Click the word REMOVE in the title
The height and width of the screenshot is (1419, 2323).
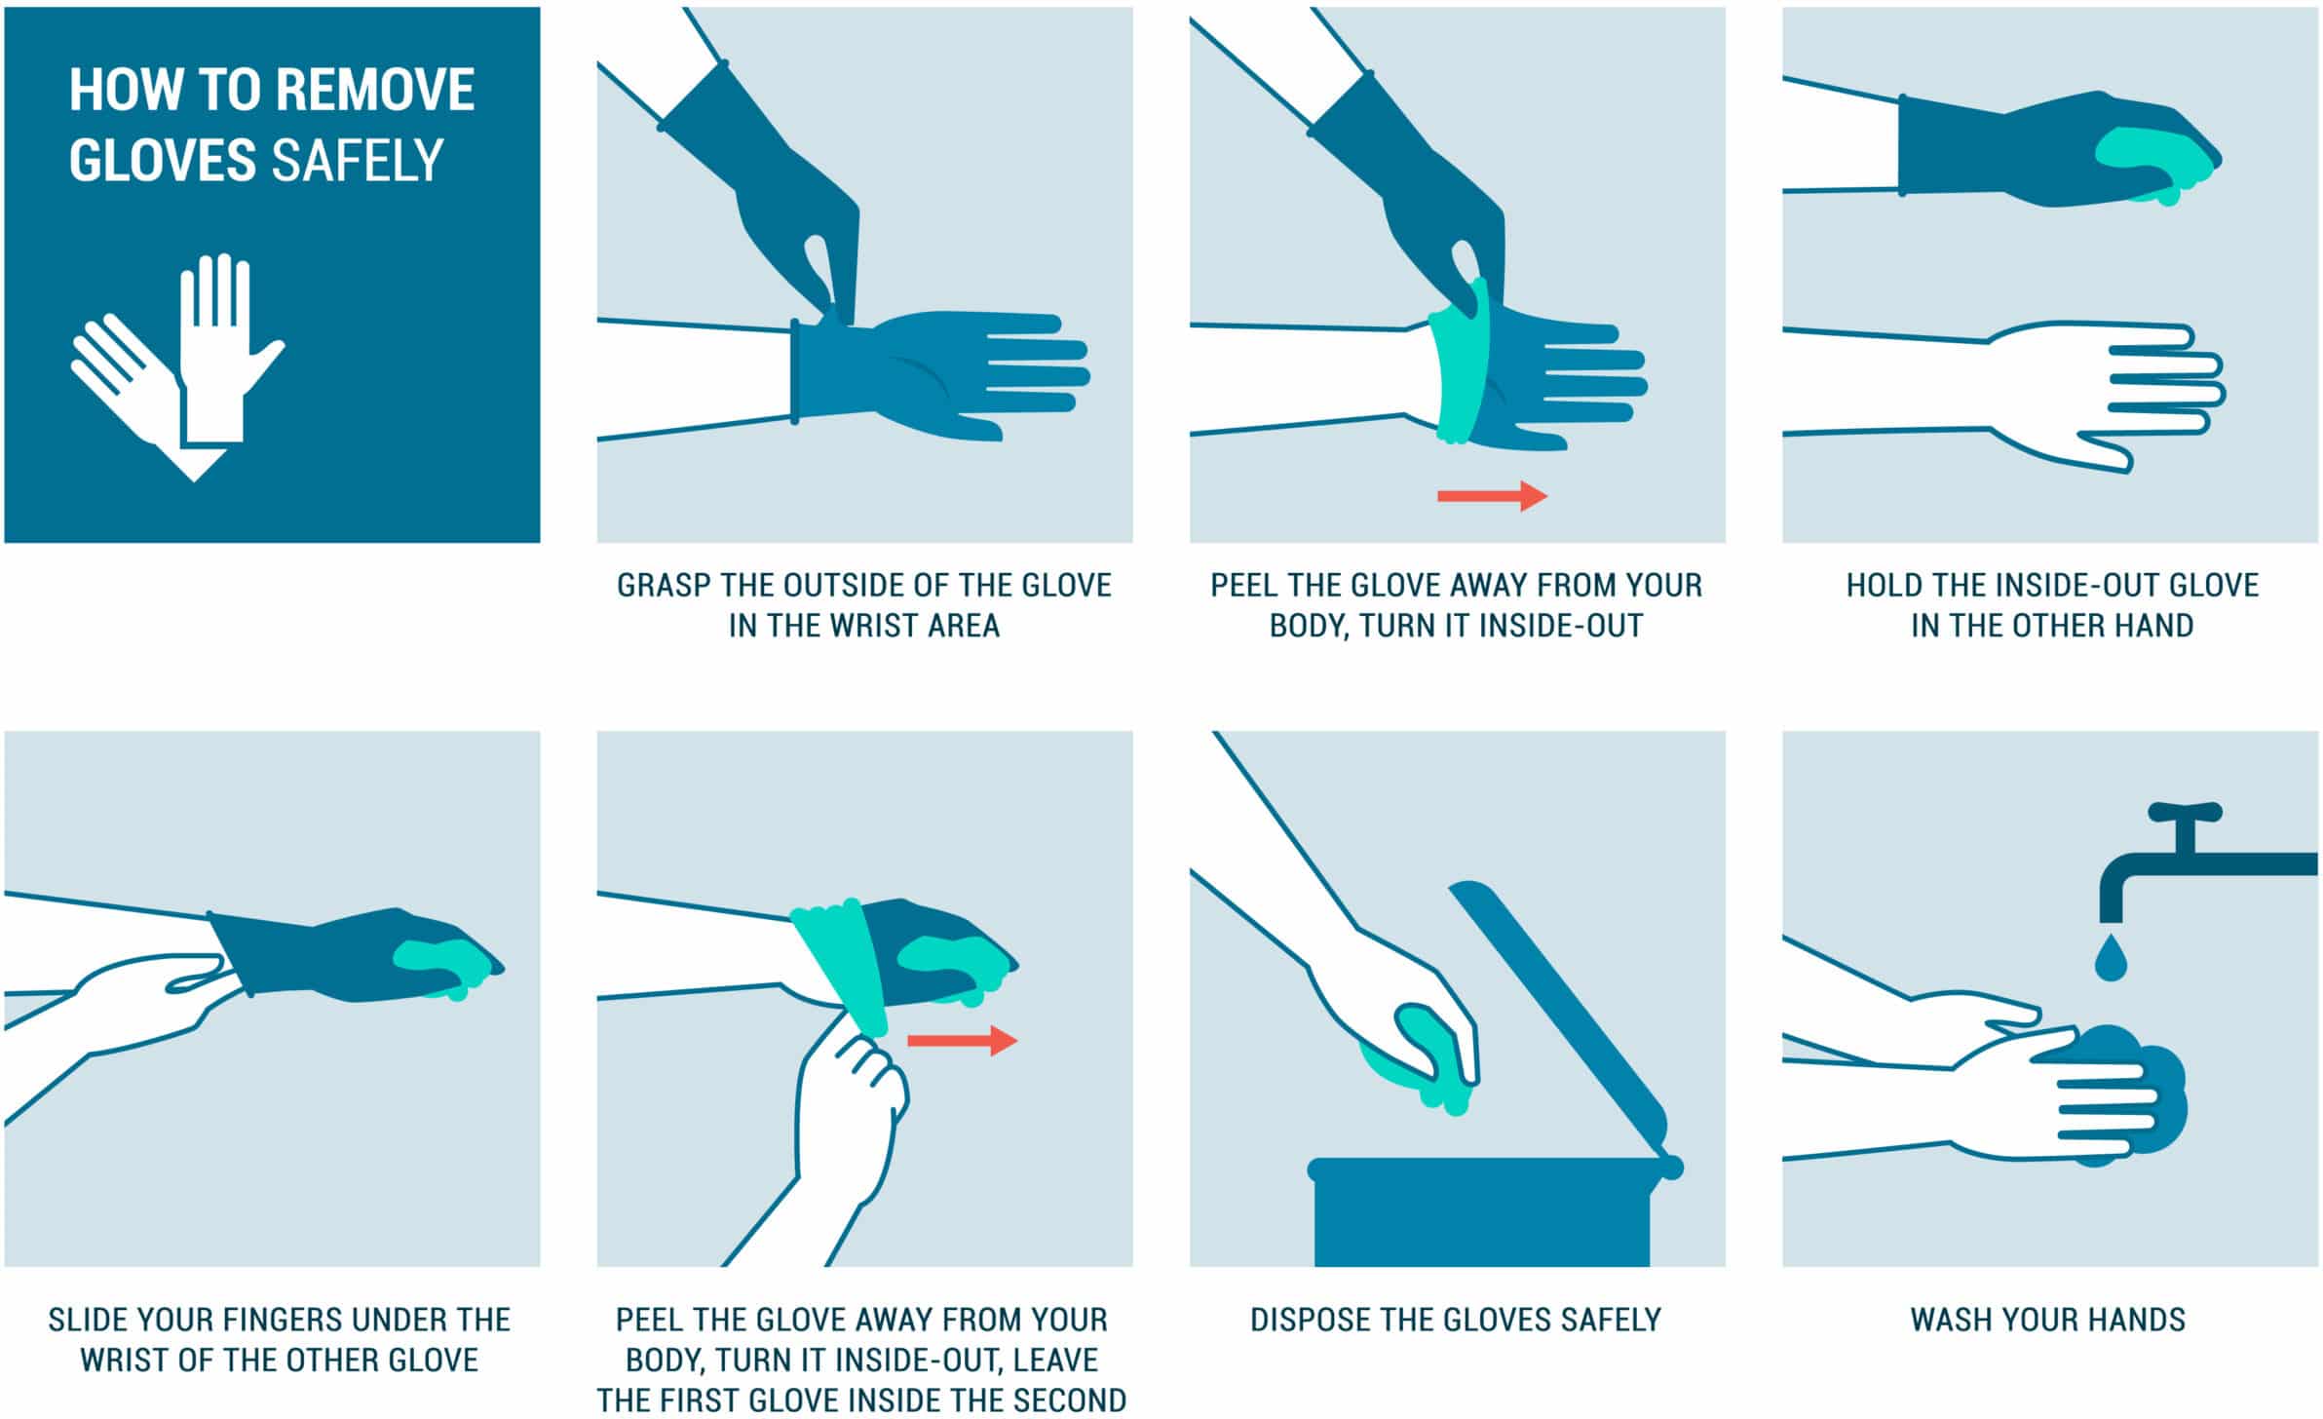(375, 91)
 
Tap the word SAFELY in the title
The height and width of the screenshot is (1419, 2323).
(358, 161)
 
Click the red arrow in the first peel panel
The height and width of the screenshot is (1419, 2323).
(1491, 496)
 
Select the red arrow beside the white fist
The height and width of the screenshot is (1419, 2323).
(962, 1040)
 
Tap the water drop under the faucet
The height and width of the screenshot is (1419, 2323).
(2110, 959)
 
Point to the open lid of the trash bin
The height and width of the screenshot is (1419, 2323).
(1559, 1014)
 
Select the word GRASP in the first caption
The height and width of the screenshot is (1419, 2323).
(666, 586)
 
